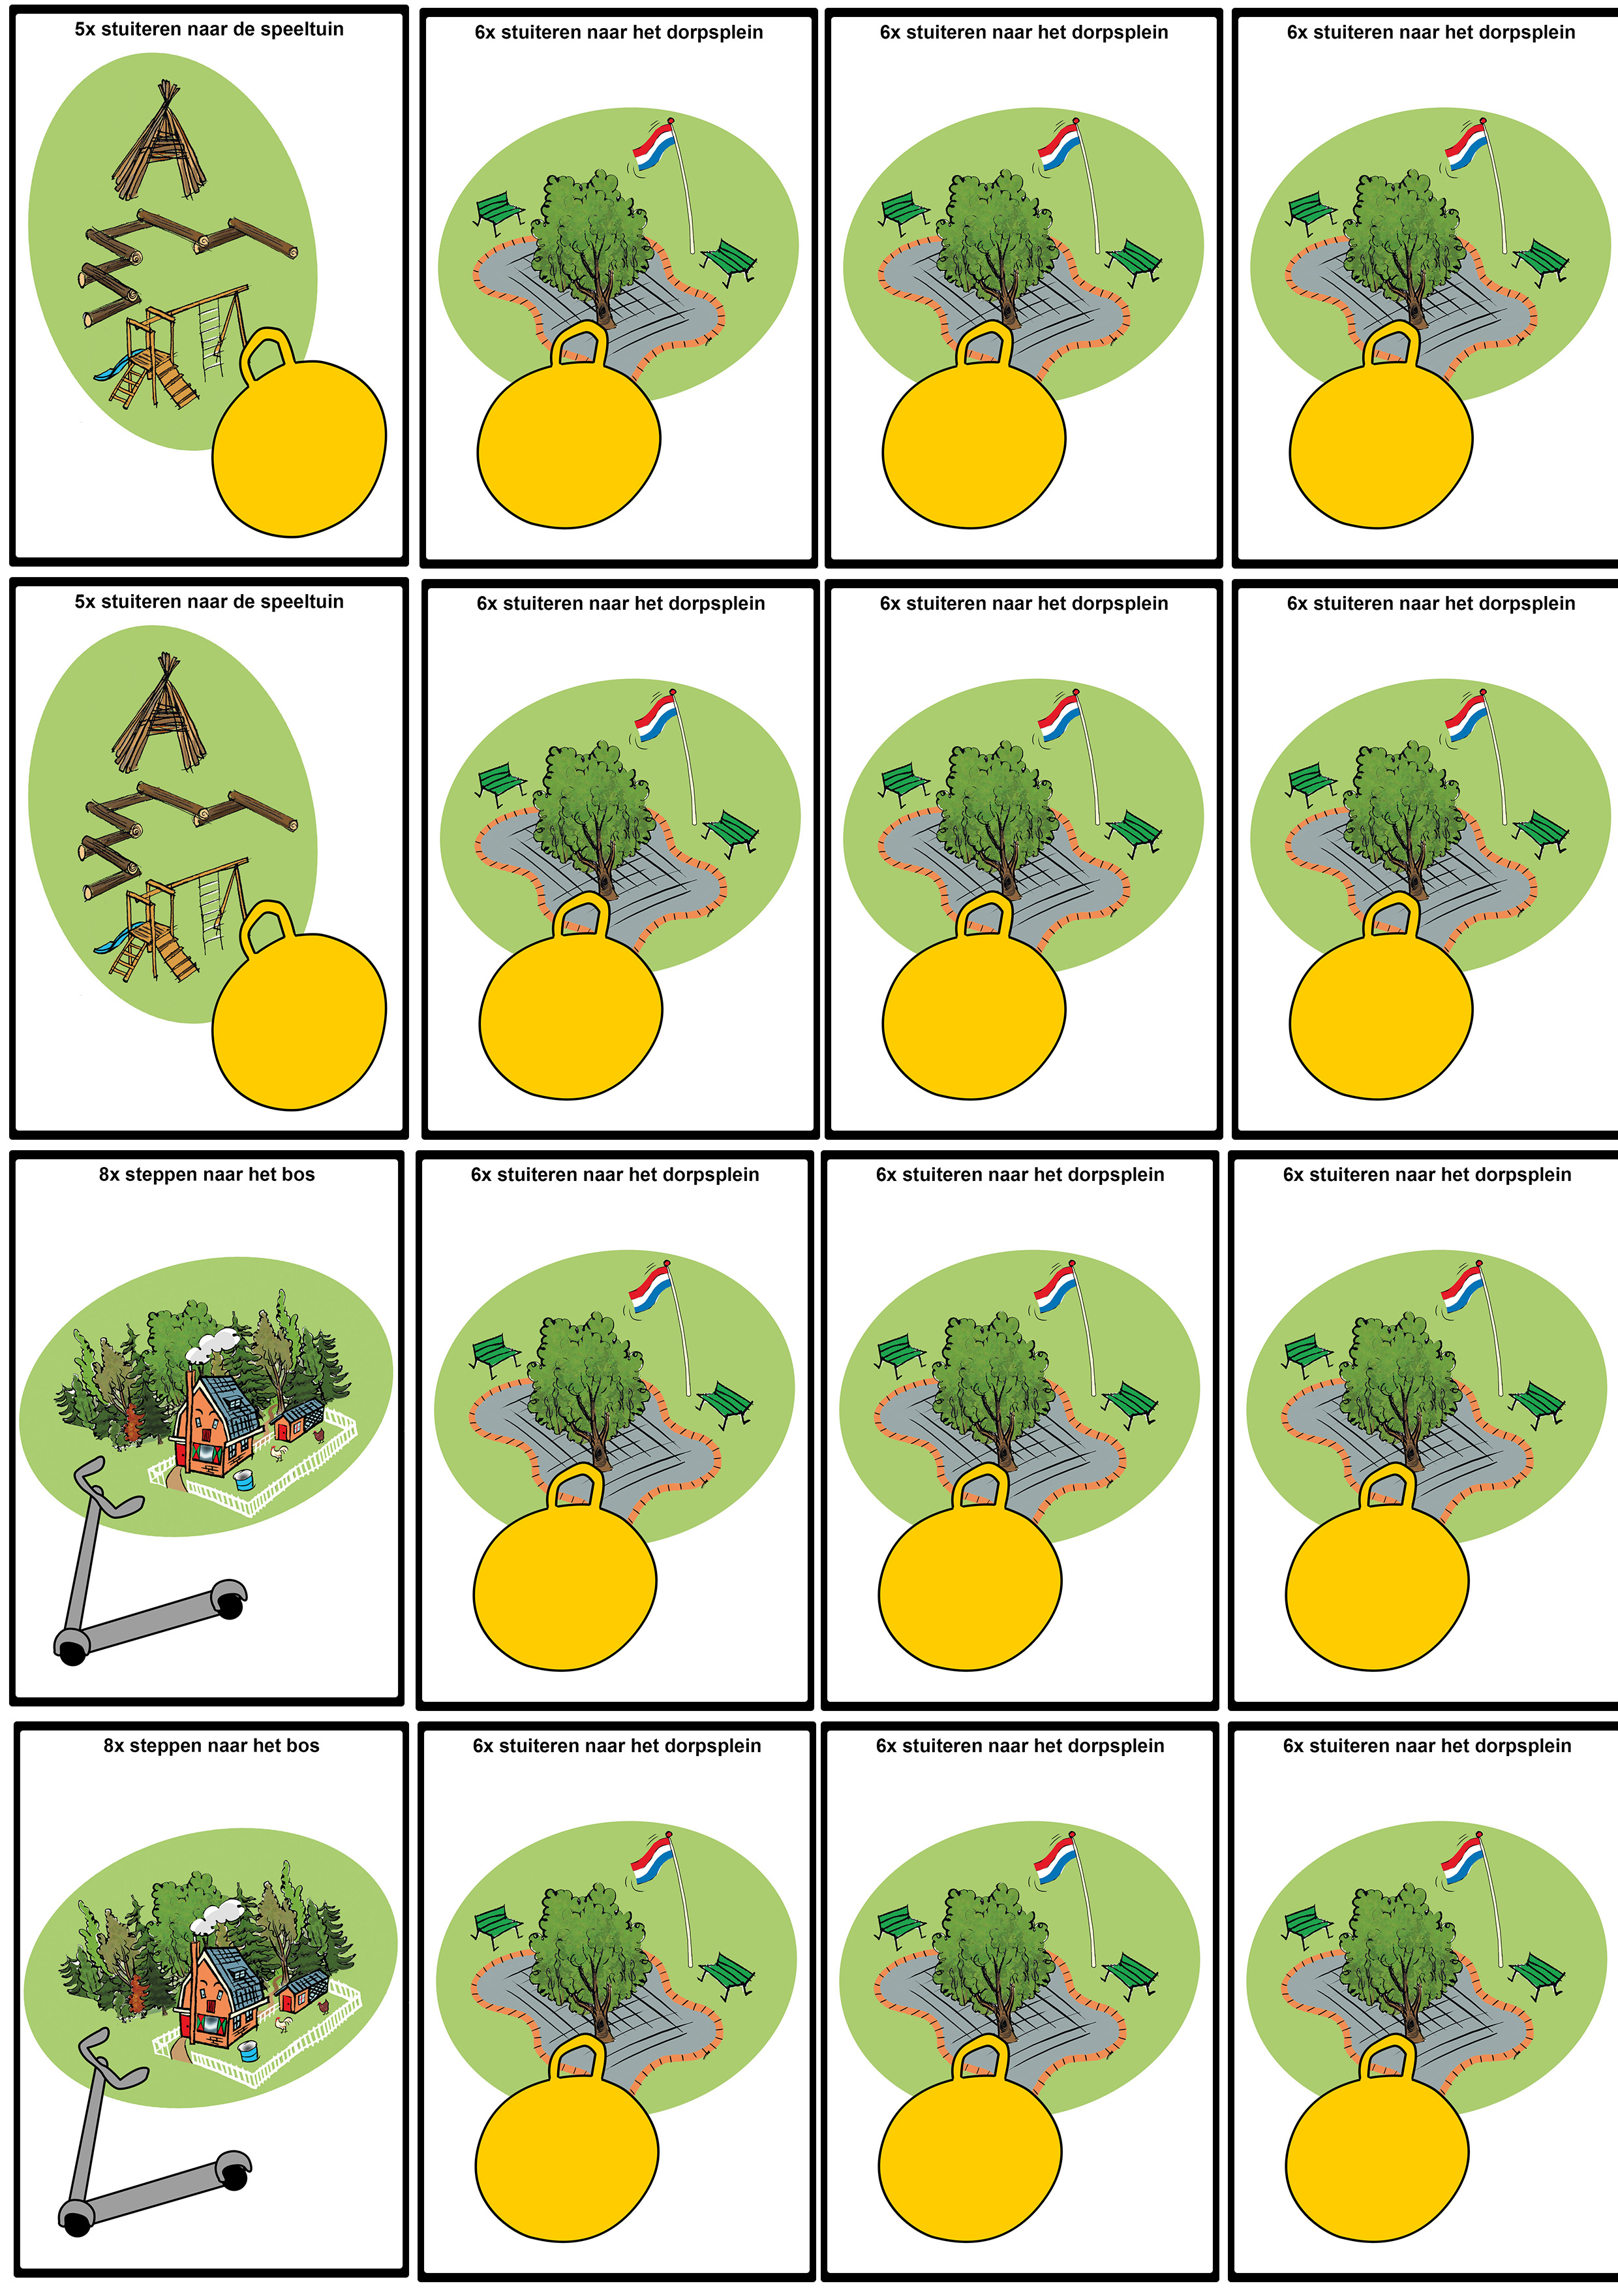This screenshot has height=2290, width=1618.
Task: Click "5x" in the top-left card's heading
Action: click(85, 29)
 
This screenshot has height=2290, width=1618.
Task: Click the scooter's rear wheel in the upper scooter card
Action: click(230, 1605)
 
